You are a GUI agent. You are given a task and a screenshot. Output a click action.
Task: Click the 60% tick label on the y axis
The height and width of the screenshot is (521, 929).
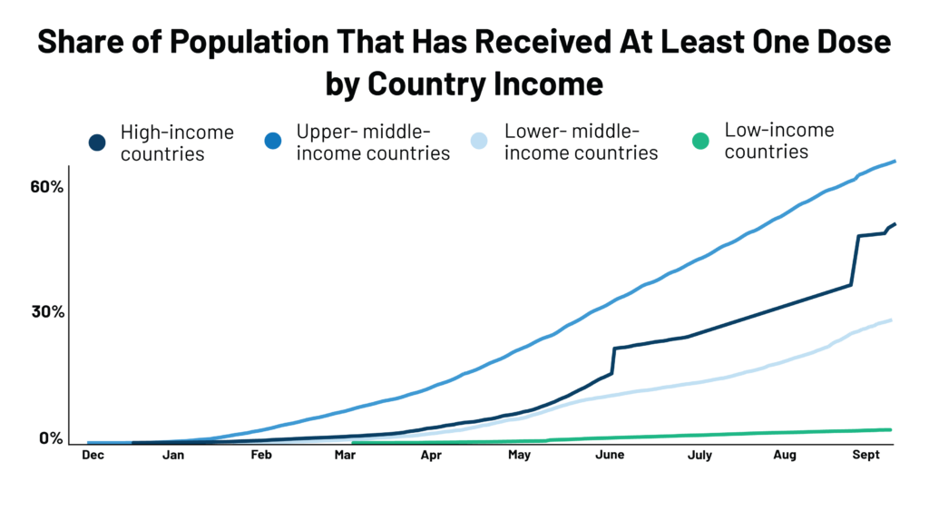click(x=45, y=187)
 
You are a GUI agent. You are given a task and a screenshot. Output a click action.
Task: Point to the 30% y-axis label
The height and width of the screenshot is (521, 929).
click(x=45, y=312)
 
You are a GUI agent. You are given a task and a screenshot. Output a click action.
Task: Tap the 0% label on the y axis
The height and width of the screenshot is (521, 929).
click(x=50, y=438)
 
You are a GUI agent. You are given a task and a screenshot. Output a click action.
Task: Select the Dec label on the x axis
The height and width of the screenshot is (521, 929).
click(x=93, y=457)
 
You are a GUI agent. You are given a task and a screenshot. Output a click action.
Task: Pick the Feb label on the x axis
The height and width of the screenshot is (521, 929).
click(x=261, y=457)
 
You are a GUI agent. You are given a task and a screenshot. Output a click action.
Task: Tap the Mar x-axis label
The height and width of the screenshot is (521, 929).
click(x=345, y=457)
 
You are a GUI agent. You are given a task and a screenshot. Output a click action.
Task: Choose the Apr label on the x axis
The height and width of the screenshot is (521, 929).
click(x=432, y=457)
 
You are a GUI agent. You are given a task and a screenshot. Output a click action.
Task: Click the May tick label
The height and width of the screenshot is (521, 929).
click(x=519, y=457)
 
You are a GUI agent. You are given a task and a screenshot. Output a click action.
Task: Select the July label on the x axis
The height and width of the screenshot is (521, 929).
click(x=699, y=457)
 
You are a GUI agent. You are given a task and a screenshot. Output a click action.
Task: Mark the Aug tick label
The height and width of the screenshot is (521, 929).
click(x=785, y=457)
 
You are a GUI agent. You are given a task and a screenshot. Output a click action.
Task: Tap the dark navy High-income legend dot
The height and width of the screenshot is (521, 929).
click(x=97, y=143)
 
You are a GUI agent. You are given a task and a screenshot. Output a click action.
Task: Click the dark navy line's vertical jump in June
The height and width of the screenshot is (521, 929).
click(x=613, y=360)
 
